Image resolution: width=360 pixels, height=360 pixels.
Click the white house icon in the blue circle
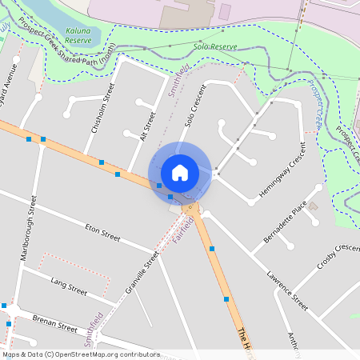coord(180,172)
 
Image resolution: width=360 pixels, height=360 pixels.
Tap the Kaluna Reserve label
coord(78,34)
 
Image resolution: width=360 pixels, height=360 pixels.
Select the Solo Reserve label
coord(215,47)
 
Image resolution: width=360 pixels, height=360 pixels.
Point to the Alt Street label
coord(146,126)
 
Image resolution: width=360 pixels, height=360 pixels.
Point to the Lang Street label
coord(69,287)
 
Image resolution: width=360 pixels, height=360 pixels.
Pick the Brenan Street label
coord(54,323)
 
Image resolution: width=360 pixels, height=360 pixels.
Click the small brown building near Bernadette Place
coord(314,206)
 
